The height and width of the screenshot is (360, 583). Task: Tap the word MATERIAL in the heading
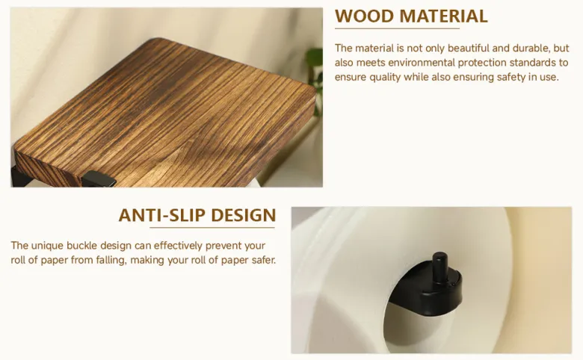pos(443,16)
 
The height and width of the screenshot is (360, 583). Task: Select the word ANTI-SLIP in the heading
pos(161,215)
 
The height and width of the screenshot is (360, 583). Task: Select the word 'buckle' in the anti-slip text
pos(81,246)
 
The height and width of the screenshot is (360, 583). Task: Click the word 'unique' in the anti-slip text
pos(47,246)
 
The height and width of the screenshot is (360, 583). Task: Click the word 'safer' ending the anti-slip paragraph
pos(264,260)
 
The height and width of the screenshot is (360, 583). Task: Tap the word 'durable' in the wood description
pos(531,49)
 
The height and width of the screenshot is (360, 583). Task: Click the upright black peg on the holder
pos(439,267)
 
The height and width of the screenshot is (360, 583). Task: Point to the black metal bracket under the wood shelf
pos(99,180)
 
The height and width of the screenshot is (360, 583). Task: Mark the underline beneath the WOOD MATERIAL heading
pos(397,28)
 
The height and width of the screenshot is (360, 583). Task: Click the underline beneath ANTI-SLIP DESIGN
pos(212,227)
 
